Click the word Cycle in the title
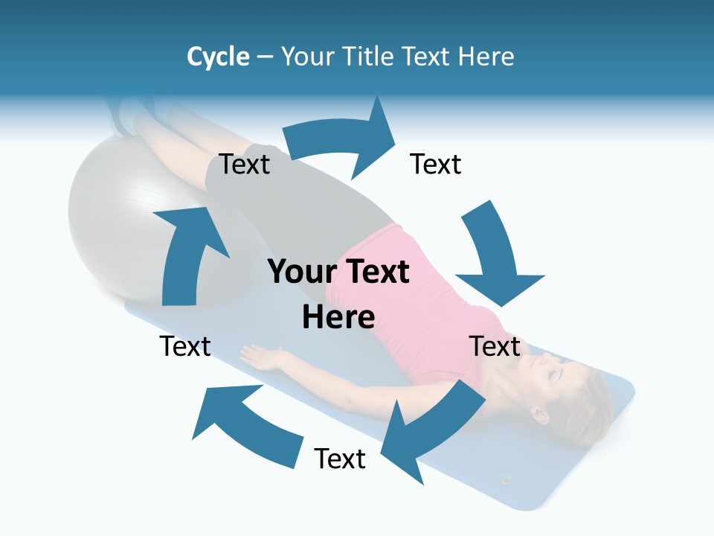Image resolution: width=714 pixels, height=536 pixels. [218, 57]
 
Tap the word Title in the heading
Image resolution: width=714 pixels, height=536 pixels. [370, 57]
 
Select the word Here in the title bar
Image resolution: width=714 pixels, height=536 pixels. [487, 57]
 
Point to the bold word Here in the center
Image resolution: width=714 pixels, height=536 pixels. [338, 317]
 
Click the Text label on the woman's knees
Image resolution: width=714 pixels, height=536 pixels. [245, 165]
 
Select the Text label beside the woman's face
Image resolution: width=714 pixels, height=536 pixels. [495, 346]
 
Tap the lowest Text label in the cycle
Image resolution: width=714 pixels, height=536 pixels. [340, 459]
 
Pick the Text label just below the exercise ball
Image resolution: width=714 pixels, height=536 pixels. [185, 346]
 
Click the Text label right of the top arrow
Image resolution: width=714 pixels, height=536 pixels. [436, 165]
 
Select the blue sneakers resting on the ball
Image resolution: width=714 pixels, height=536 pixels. [126, 115]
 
